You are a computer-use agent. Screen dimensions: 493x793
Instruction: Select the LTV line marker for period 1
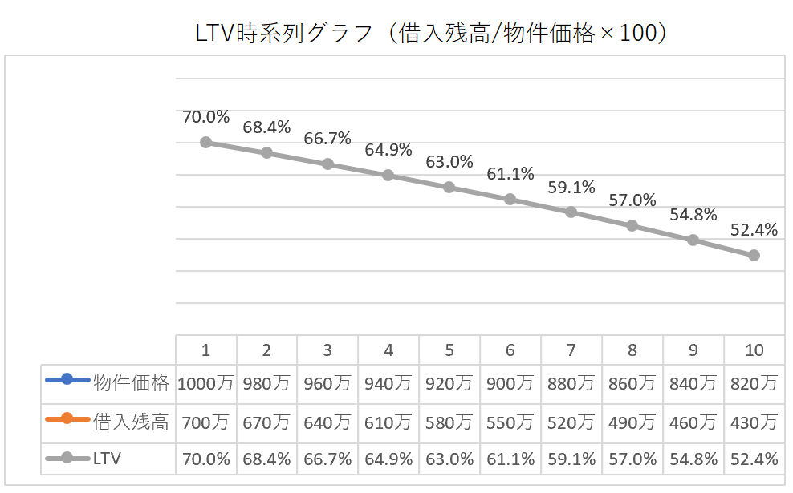(205, 142)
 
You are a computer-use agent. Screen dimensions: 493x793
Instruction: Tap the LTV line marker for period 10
(754, 255)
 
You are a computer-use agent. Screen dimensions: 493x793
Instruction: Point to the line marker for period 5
(449, 187)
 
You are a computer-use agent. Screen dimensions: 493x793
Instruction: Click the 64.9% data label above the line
(388, 150)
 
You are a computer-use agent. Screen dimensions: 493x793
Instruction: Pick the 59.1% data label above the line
(571, 188)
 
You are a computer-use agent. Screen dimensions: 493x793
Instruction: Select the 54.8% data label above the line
(693, 215)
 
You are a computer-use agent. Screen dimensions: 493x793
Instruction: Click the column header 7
(571, 350)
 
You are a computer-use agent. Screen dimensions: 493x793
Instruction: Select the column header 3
(327, 350)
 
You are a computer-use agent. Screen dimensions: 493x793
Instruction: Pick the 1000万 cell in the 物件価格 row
(205, 383)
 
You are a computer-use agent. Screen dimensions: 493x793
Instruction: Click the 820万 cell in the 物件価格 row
(754, 383)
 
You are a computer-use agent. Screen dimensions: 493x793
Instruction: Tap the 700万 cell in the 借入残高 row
(205, 422)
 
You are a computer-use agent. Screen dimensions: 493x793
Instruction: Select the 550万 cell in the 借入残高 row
(510, 422)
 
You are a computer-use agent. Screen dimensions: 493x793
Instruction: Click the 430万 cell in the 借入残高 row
(754, 422)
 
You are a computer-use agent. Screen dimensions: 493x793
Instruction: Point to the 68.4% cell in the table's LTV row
(266, 459)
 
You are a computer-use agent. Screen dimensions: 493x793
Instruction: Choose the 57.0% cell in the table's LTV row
(632, 459)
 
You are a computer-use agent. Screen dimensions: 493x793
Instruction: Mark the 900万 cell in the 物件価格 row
(510, 383)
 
